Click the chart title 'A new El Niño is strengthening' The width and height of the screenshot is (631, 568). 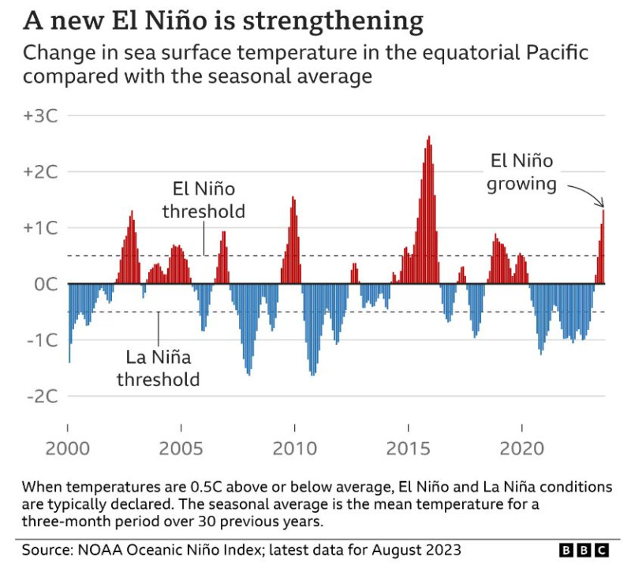pyautogui.click(x=223, y=21)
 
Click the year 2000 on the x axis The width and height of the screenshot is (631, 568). pyautogui.click(x=68, y=449)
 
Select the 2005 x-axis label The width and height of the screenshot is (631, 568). pyautogui.click(x=181, y=449)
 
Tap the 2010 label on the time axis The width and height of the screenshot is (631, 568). pyautogui.click(x=295, y=449)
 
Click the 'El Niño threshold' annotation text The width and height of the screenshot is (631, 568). pyautogui.click(x=203, y=200)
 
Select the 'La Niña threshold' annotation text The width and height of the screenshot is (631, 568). pyautogui.click(x=159, y=368)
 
